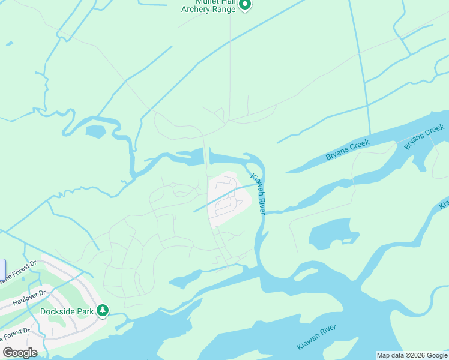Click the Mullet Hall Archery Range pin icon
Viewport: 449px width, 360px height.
pos(244,5)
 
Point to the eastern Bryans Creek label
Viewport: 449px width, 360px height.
pos(424,137)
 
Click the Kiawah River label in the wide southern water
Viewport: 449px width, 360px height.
pos(318,338)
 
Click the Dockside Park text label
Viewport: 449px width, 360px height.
pos(67,311)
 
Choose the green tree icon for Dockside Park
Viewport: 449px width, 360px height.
pos(103,310)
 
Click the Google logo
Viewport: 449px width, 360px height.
pos(19,353)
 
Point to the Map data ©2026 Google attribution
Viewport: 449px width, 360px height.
pos(412,355)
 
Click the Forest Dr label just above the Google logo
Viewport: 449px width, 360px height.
pos(14,333)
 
